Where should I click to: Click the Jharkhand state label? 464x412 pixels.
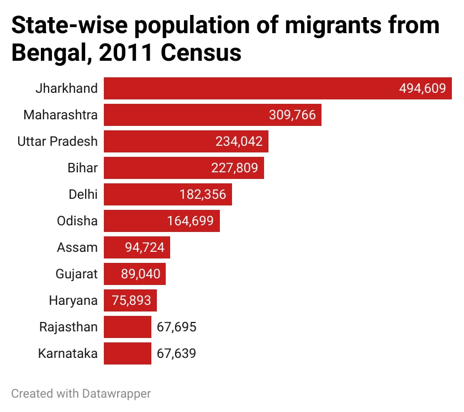click(x=66, y=88)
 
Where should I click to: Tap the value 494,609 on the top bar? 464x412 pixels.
click(x=422, y=88)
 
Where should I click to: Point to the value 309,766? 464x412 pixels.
click(x=292, y=115)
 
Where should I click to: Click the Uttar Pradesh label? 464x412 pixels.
click(x=57, y=141)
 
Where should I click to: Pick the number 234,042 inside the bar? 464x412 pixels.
click(x=239, y=141)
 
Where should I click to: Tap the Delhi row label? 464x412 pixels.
click(x=83, y=194)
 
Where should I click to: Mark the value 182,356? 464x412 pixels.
click(x=203, y=194)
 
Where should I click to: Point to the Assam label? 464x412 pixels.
click(x=77, y=247)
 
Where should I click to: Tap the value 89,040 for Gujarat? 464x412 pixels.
click(x=140, y=274)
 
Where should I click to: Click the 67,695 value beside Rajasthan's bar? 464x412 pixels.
click(x=176, y=327)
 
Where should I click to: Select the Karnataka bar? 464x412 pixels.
click(x=128, y=353)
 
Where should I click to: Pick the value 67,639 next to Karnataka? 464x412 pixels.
click(x=176, y=353)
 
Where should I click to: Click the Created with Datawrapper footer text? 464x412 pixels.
click(x=81, y=394)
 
